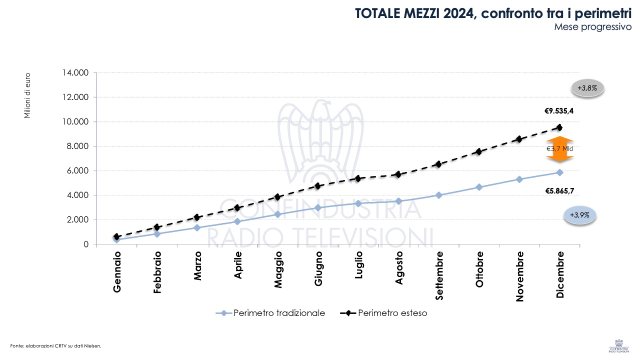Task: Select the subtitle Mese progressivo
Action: click(x=593, y=27)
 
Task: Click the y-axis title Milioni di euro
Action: click(x=27, y=96)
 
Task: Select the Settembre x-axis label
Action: click(x=439, y=275)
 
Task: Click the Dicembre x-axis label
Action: click(x=560, y=275)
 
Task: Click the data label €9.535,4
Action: click(x=559, y=111)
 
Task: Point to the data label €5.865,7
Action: click(x=559, y=190)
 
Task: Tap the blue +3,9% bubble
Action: click(x=579, y=215)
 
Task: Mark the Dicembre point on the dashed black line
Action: click(x=559, y=127)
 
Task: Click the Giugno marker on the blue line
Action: click(x=318, y=207)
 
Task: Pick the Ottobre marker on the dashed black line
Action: click(x=479, y=151)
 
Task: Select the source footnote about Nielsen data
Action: click(x=55, y=345)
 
